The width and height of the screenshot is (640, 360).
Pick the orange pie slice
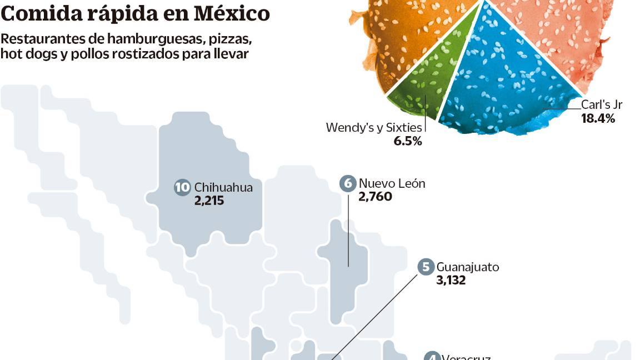[x=411, y=28]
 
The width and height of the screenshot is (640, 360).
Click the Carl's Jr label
[x=602, y=104]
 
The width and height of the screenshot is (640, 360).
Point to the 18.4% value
[x=598, y=118]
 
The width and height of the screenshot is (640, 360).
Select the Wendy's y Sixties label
[x=374, y=127]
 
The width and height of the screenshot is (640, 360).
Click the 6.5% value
[x=408, y=141]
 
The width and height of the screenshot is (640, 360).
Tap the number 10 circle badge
[x=182, y=187]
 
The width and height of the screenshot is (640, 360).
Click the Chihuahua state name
[x=224, y=187]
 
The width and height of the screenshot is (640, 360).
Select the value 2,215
[x=209, y=201]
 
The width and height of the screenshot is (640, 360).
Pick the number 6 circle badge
[x=348, y=183]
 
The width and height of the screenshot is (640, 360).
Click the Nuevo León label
[x=392, y=183]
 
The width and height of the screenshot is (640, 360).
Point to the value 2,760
[x=375, y=197]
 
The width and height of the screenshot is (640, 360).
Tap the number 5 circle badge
[x=426, y=267]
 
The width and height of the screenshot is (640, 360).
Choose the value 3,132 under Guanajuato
[x=451, y=281]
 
